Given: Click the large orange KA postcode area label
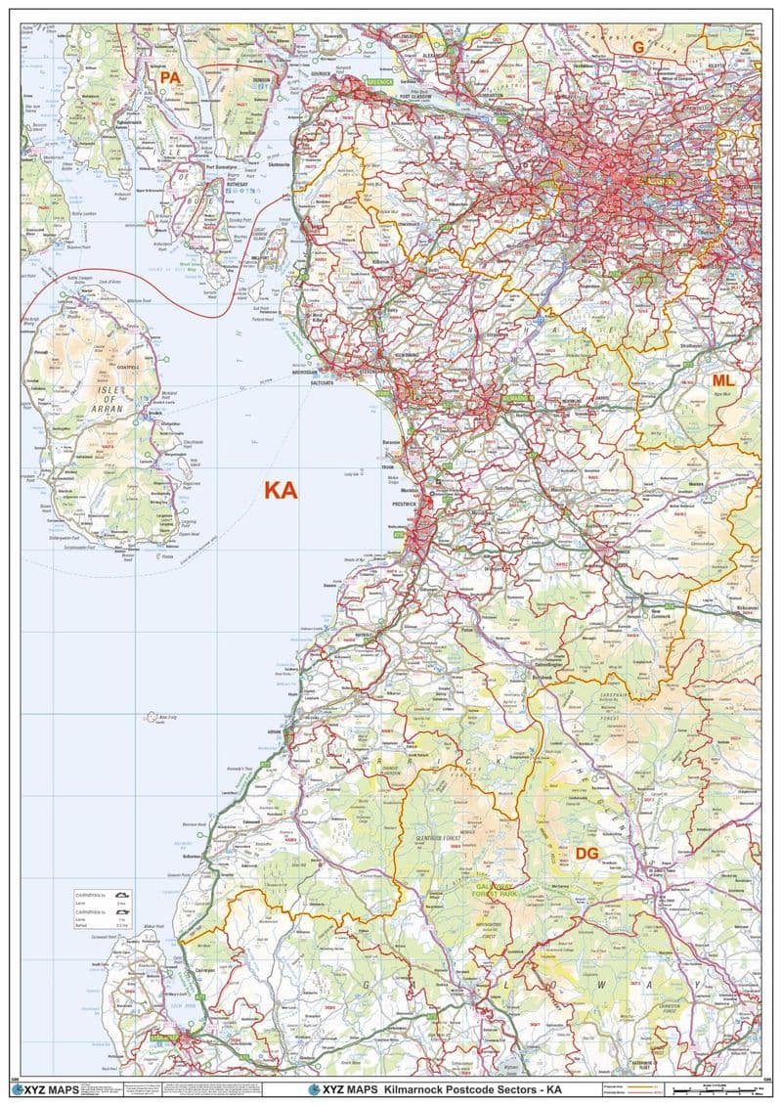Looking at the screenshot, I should pos(280,491).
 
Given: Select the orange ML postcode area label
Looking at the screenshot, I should pos(722,379).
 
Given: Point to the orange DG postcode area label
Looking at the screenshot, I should pos(586,854).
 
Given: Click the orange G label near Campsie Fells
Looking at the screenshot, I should pos(638,46).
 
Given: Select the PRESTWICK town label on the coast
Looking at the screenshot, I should pos(405,503).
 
